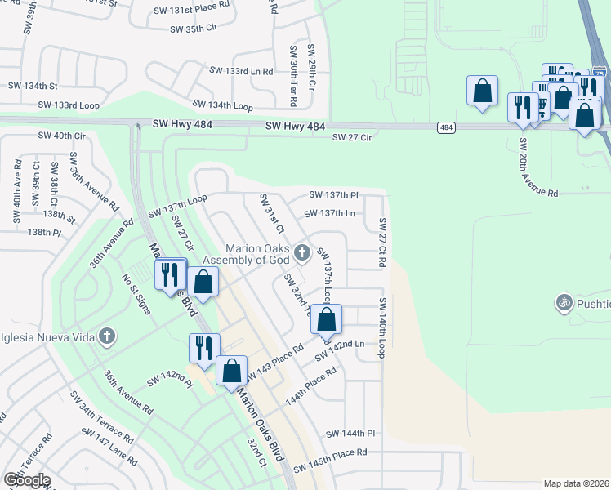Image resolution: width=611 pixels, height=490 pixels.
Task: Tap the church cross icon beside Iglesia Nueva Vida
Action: coord(106,336)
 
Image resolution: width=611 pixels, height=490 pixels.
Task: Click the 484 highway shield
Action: coord(446,127)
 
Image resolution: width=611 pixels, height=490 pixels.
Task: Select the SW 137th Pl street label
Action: coord(333,195)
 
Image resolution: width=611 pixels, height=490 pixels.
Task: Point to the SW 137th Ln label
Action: coord(329,213)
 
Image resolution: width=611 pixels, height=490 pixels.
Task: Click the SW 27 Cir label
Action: coord(352,138)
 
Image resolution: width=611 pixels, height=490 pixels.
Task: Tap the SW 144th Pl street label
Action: coord(350,434)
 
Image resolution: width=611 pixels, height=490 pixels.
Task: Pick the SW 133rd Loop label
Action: coord(69,105)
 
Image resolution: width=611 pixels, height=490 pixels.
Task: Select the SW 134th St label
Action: coord(33,85)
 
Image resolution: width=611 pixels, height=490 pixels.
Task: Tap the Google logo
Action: coord(27,480)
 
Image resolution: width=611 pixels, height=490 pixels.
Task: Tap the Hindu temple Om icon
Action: coord(563,304)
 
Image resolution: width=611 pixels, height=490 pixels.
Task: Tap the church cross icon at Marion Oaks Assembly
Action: coord(301,252)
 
